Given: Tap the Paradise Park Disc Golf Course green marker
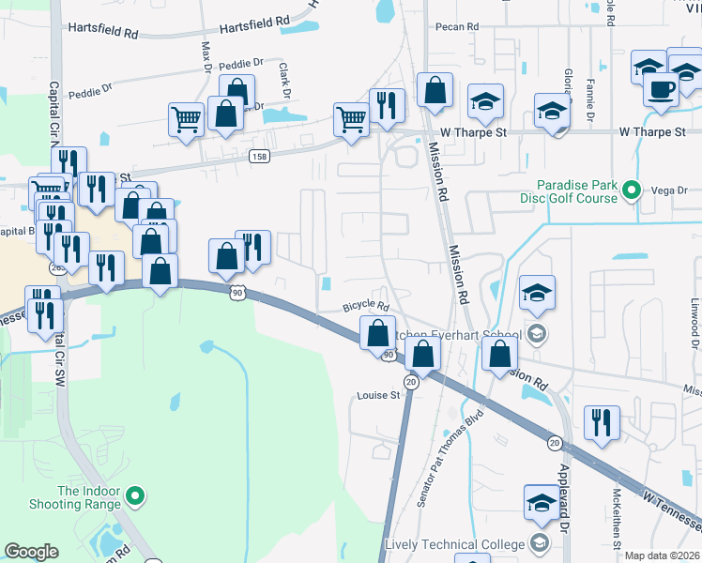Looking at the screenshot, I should [x=632, y=190].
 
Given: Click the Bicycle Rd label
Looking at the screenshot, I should [x=365, y=306].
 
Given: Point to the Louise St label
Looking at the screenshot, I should [x=378, y=395].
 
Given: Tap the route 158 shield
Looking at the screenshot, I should [x=260, y=156].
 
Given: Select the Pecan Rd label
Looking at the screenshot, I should [x=458, y=27].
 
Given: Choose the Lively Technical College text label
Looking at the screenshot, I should [x=455, y=544].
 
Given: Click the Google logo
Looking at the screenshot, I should [x=31, y=552].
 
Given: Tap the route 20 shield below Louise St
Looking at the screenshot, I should [x=411, y=382].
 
